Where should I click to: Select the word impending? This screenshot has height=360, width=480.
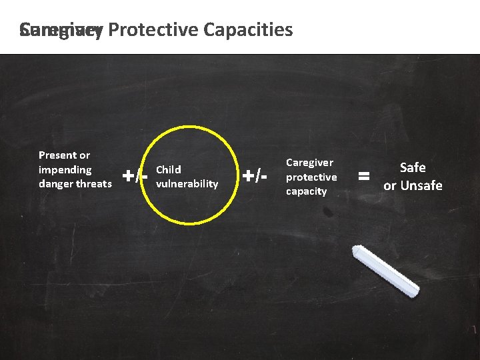[x=65, y=169]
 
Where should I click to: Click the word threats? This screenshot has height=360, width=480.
[x=95, y=183]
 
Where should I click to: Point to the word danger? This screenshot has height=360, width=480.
[x=57, y=183]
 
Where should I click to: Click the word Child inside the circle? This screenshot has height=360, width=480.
[x=168, y=169]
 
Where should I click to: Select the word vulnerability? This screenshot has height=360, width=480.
[x=187, y=183]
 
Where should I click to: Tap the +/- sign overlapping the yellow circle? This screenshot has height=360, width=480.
[x=135, y=176]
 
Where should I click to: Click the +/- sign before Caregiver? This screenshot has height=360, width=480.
[x=254, y=176]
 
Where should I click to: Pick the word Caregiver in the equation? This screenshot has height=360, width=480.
[x=309, y=163]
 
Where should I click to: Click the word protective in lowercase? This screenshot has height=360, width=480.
[x=311, y=177]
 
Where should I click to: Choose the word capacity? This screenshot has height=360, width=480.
[x=306, y=191]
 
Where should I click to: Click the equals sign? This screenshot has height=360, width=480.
[x=364, y=177]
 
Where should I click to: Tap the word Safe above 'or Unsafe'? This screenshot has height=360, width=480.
[x=413, y=168]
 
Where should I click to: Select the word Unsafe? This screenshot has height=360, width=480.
[x=421, y=185]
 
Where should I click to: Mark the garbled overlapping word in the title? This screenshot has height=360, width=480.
[x=61, y=30]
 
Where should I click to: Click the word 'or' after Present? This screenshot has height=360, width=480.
[x=84, y=155]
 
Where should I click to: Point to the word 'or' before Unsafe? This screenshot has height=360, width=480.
[x=390, y=185]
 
